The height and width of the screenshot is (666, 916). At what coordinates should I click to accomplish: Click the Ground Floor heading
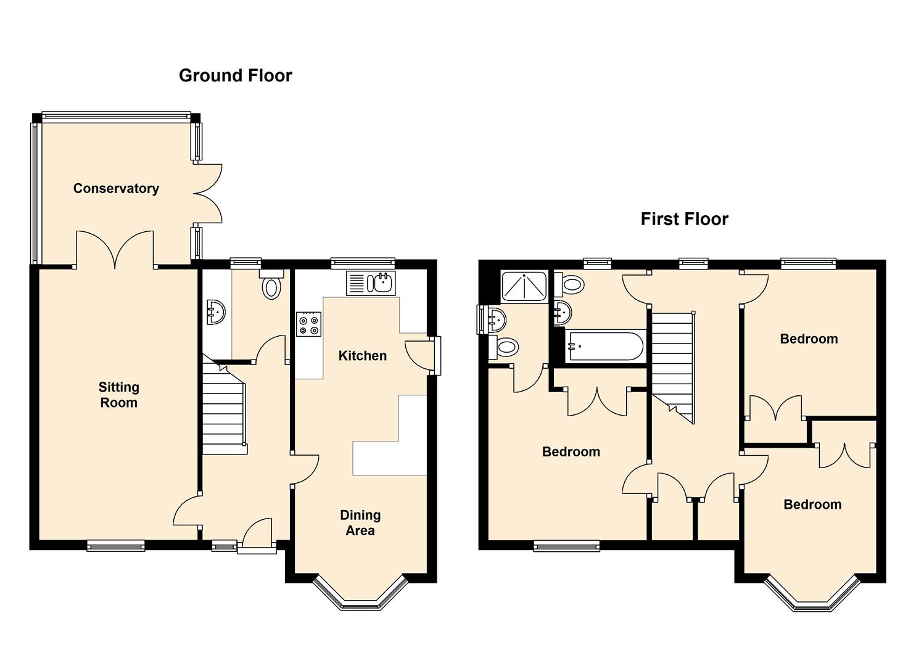[x=236, y=76]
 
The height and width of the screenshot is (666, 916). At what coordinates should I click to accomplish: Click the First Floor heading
[x=684, y=219]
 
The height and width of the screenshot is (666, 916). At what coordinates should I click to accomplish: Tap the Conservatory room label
[x=116, y=189]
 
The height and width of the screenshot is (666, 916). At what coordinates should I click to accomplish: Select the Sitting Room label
[x=118, y=395]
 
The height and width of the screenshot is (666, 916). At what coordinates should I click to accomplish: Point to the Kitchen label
[x=362, y=356]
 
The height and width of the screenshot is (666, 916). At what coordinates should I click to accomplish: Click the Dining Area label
[x=360, y=522]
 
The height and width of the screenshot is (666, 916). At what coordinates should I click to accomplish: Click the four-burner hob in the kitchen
[x=309, y=324]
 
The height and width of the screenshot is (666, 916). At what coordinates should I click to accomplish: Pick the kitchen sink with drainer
[x=371, y=283]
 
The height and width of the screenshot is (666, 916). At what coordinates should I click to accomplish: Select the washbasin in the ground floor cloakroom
[x=216, y=313]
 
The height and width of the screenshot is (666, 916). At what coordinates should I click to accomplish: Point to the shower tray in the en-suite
[x=524, y=287]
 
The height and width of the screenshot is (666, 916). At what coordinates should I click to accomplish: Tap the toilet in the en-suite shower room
[x=504, y=348]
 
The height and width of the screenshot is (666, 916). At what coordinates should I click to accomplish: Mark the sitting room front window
[x=116, y=546]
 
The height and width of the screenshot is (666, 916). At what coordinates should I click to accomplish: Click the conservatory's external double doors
[x=208, y=194]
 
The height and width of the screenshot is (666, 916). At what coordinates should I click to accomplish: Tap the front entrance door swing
[x=257, y=532]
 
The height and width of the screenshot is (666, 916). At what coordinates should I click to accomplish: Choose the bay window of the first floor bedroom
[x=812, y=594]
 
